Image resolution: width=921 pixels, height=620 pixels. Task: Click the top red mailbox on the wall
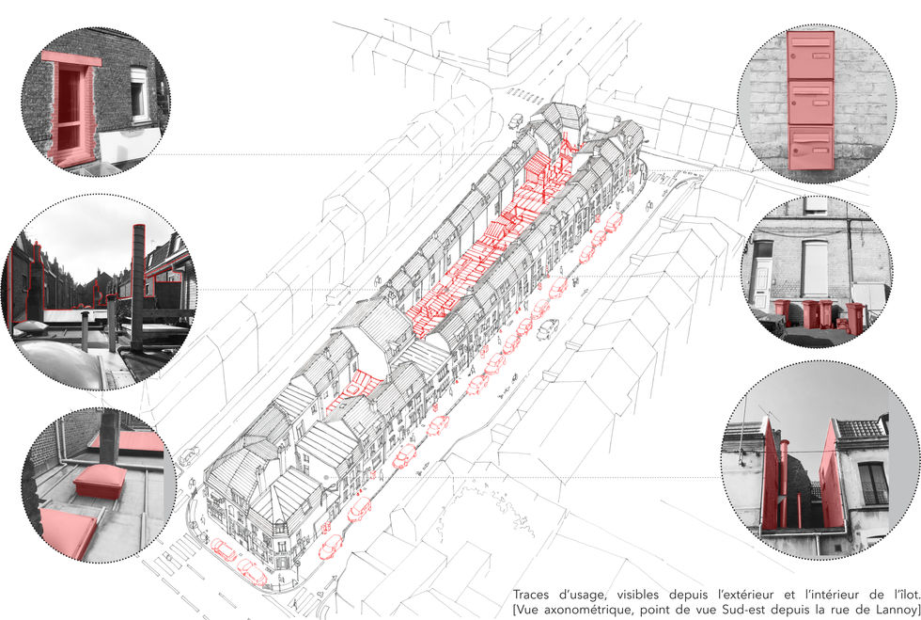[810, 56]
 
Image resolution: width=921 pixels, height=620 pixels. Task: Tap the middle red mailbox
[810, 103]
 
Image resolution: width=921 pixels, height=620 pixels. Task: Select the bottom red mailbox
[810, 149]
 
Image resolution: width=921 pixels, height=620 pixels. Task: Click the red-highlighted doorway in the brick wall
[71, 107]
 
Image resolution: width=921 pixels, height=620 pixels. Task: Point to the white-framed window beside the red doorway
[139, 94]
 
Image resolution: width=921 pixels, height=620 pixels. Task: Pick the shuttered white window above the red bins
[815, 268]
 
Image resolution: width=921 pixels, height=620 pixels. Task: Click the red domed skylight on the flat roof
[100, 483]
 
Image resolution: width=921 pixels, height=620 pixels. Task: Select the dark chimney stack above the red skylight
[109, 437]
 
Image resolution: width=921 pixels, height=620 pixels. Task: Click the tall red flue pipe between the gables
[784, 483]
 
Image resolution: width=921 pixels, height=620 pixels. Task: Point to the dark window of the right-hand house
[873, 483]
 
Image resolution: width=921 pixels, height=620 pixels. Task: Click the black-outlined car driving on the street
[547, 329]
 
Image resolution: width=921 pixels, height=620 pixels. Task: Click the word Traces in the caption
[531, 595]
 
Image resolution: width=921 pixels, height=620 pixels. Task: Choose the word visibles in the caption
[638, 595]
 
